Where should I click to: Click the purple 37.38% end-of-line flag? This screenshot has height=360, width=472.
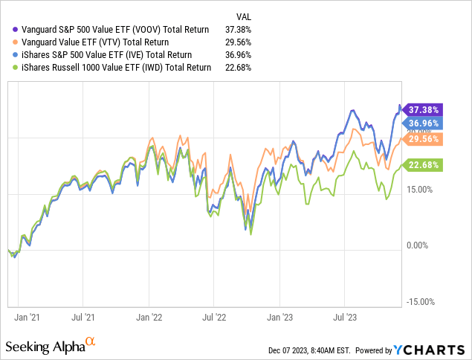pos(425,109)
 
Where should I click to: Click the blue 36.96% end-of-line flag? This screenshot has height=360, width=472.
pos(425,123)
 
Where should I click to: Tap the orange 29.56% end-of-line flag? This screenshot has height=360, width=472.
pos(425,138)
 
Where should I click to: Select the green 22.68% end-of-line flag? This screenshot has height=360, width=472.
pos(425,165)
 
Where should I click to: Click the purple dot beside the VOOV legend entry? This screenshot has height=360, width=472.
pos(7,30)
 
